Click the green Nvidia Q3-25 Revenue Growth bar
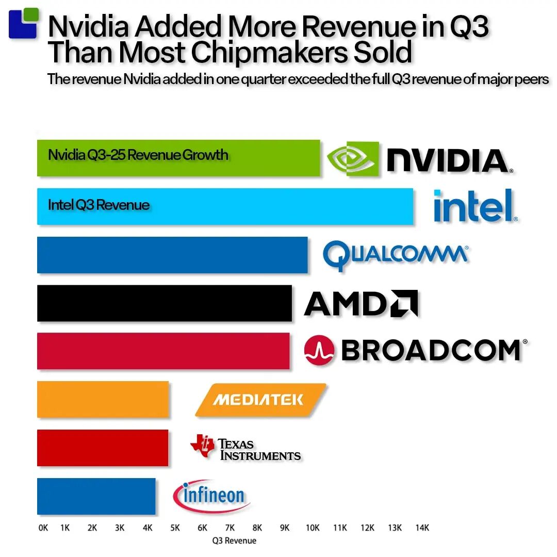click(x=178, y=158)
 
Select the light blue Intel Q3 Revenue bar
click(x=225, y=206)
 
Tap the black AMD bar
click(x=164, y=303)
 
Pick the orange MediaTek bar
click(x=103, y=399)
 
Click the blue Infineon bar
click(x=96, y=496)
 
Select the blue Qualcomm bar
click(x=172, y=255)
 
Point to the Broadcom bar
click(x=163, y=351)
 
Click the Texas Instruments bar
click(x=103, y=448)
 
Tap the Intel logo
click(x=475, y=206)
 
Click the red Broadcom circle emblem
click(x=320, y=351)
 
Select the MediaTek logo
click(x=260, y=400)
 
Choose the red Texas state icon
click(x=202, y=445)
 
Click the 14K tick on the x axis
click(x=422, y=528)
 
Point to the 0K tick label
click(x=43, y=528)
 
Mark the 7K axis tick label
click(x=230, y=528)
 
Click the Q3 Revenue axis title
click(x=234, y=540)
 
